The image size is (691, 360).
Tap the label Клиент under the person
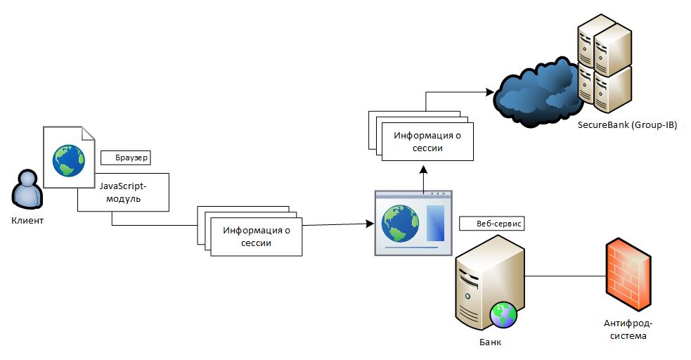tap(27, 221)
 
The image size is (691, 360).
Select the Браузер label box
tap(127, 157)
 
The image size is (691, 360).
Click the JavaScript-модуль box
tap(124, 192)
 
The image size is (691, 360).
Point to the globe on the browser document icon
tap(68, 160)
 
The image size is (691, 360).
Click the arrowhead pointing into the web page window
tap(369, 224)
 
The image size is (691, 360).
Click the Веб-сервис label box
tap(491, 223)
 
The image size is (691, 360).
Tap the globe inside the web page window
tap(400, 224)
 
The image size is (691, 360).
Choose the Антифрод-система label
tap(628, 329)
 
